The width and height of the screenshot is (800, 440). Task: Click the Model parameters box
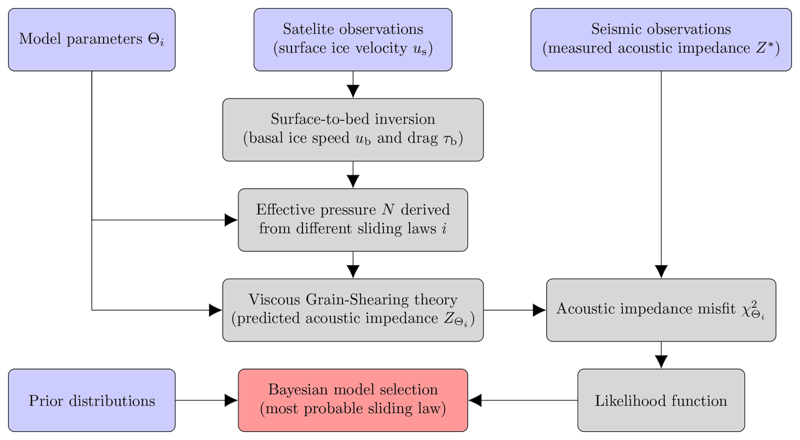click(x=91, y=40)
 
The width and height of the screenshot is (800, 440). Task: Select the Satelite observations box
click(x=353, y=40)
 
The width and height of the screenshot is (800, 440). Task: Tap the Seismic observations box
click(x=660, y=40)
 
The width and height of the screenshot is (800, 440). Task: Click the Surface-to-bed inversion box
click(x=353, y=130)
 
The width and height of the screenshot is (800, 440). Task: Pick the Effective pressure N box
click(x=353, y=220)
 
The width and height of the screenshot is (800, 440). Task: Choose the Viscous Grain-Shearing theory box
click(x=353, y=310)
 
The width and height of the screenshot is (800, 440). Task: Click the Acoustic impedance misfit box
click(x=660, y=310)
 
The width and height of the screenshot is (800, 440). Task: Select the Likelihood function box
click(x=660, y=400)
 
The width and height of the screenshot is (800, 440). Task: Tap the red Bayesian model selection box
click(x=353, y=400)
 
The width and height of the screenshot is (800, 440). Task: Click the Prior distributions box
click(x=91, y=400)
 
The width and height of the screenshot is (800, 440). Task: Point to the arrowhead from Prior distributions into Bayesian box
click(x=231, y=400)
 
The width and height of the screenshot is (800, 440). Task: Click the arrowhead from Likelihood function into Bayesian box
click(x=475, y=400)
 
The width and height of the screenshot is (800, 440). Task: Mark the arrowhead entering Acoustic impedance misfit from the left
click(x=539, y=310)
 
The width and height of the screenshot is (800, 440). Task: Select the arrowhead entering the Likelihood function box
click(x=661, y=362)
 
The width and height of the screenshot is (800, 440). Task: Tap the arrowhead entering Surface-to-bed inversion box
click(x=353, y=91)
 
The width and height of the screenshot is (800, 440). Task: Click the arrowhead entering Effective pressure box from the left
click(x=231, y=220)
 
